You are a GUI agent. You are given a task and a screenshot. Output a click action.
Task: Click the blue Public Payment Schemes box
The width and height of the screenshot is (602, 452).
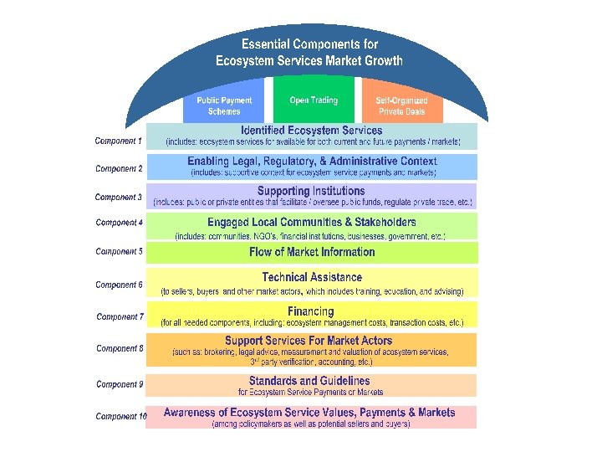tap(224, 105)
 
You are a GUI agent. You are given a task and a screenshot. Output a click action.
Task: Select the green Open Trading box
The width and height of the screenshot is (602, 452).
tap(314, 101)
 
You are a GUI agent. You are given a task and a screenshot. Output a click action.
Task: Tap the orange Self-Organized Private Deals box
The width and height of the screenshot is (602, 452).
tap(401, 105)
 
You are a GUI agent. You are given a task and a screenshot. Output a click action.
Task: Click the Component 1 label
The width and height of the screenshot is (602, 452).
tap(119, 141)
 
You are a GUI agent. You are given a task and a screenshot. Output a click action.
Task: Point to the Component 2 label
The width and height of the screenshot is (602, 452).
tap(119, 169)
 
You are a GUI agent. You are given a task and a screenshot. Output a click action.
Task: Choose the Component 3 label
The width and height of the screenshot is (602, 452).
tap(119, 198)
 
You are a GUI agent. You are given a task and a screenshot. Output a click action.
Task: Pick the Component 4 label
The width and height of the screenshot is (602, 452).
tap(119, 223)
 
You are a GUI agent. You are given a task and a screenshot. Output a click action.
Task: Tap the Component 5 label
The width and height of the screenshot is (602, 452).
tap(119, 251)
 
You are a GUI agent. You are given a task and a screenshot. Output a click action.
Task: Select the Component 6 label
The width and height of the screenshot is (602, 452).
tap(119, 285)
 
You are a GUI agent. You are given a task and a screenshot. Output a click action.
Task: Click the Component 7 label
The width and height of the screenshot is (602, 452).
tap(120, 317)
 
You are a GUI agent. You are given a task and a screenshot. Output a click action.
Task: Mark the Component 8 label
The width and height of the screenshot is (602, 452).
tap(120, 348)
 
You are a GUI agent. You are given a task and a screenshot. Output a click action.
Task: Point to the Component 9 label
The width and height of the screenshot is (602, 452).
tap(120, 385)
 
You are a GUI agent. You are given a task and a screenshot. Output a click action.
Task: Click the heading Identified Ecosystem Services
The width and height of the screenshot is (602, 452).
tap(311, 131)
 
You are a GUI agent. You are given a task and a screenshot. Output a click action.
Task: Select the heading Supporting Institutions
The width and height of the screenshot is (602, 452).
tap(311, 192)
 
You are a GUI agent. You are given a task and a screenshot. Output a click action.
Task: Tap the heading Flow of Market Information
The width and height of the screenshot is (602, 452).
tap(312, 252)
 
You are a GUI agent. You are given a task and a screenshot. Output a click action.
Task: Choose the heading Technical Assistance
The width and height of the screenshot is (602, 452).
tap(312, 277)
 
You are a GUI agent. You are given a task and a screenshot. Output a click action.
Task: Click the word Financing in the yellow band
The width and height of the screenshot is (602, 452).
tap(311, 311)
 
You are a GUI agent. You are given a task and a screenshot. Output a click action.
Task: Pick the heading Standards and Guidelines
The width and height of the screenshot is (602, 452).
tap(310, 381)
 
